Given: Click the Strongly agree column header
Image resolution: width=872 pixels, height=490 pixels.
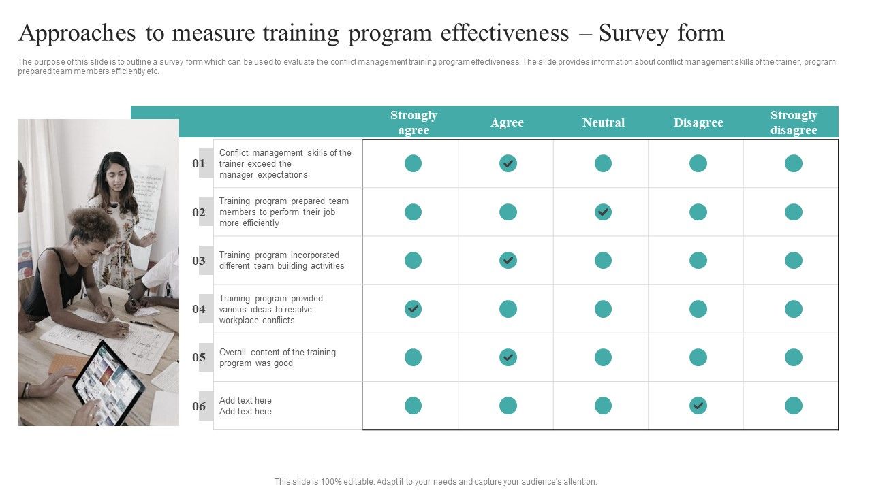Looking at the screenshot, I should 414,122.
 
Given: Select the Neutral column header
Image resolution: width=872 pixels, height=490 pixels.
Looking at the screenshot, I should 603,122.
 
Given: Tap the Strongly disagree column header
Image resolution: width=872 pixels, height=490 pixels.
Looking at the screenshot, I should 794,122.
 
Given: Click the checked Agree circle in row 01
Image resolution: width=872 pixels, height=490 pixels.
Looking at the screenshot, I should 508,163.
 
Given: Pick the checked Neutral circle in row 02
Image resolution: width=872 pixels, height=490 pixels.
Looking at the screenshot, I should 603,212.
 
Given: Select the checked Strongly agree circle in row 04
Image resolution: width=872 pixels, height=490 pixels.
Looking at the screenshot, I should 413,309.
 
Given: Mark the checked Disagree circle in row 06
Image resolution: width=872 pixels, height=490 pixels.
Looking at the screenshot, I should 698,406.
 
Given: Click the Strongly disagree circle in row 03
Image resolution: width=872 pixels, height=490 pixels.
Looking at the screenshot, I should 794,260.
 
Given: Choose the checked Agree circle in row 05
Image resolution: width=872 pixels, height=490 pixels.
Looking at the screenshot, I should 508,357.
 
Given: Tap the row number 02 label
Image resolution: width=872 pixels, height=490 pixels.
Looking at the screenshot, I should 199,212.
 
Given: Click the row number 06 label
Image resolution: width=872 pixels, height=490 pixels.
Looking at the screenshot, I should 199,406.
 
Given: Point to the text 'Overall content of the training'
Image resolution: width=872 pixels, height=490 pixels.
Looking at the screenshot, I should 277,353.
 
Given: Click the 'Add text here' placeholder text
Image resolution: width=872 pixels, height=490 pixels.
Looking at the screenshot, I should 245,401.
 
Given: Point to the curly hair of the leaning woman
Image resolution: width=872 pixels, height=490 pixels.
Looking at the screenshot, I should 92,224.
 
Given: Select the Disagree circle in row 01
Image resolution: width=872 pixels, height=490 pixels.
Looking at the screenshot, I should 698,163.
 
